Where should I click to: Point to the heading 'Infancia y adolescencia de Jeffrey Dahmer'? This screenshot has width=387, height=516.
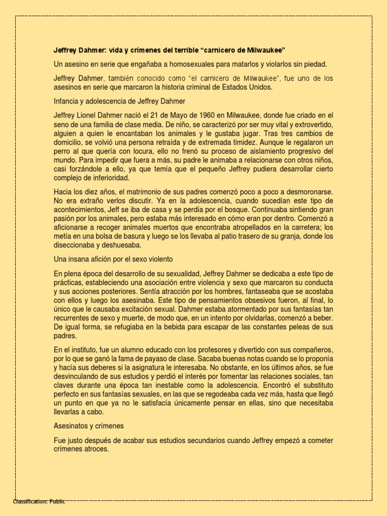[120, 101]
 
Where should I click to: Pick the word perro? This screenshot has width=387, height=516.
[63, 151]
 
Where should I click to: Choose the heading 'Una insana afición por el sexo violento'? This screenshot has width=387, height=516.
[113, 260]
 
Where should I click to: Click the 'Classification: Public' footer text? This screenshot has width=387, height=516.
[39, 501]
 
